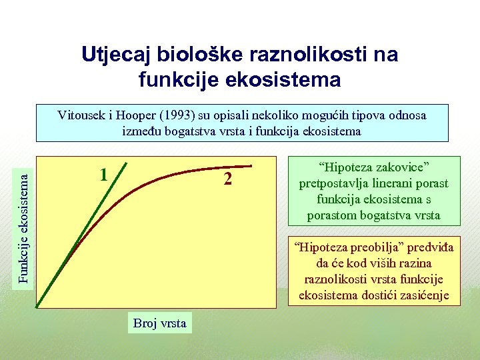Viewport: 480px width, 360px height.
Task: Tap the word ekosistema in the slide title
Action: click(x=287, y=80)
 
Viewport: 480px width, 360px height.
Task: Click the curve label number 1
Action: click(x=103, y=175)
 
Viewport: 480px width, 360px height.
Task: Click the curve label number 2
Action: click(x=228, y=179)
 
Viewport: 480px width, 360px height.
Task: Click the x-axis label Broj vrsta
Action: click(x=160, y=323)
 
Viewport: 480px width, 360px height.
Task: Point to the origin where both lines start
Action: click(x=38, y=306)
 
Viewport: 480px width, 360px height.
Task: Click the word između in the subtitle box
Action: click(x=141, y=131)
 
